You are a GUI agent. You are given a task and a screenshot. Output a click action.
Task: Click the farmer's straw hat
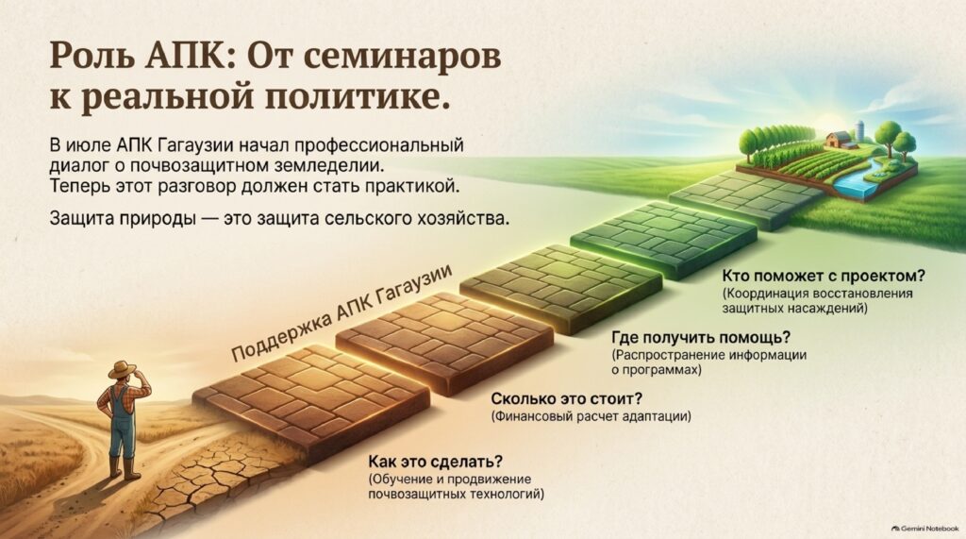122,369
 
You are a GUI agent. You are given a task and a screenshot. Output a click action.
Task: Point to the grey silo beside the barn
859,132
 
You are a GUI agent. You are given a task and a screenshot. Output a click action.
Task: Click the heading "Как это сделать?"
435,462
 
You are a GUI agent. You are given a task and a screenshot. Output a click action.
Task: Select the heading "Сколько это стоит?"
566,398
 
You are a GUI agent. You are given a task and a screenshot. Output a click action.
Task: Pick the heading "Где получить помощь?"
701,337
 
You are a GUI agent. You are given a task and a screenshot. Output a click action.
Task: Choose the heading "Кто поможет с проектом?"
823,276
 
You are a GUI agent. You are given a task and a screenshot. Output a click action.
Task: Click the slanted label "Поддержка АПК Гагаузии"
341,313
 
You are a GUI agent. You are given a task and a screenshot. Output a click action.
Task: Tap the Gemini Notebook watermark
924,529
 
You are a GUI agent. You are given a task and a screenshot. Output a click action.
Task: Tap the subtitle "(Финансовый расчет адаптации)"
591,416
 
